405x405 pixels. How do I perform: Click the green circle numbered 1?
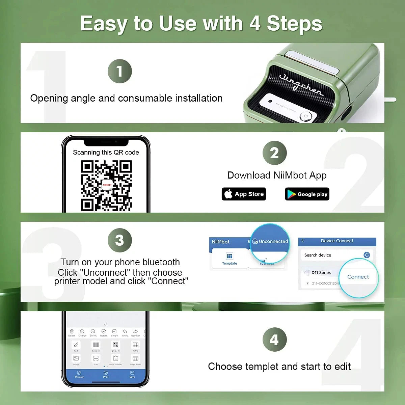[119, 71]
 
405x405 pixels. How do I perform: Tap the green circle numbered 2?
[274, 153]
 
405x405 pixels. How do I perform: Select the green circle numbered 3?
[119, 240]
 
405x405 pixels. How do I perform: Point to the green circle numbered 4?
[274, 340]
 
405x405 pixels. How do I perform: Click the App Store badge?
[244, 194]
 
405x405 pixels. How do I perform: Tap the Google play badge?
[307, 194]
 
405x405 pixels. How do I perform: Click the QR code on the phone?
[107, 185]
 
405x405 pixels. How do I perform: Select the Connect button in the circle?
[358, 277]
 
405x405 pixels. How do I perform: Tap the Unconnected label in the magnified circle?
[273, 241]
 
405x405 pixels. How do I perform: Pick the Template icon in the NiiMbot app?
[230, 258]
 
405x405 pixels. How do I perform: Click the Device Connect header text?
[337, 241]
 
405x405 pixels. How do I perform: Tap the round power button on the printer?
[306, 116]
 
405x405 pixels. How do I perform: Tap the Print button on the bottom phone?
[106, 374]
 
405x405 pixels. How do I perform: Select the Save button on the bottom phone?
[132, 374]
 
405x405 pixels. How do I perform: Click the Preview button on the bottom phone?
[79, 374]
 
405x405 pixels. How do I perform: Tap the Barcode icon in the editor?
[96, 346]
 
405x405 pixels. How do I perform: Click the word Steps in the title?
[294, 24]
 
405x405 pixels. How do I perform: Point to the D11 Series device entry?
[321, 272]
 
